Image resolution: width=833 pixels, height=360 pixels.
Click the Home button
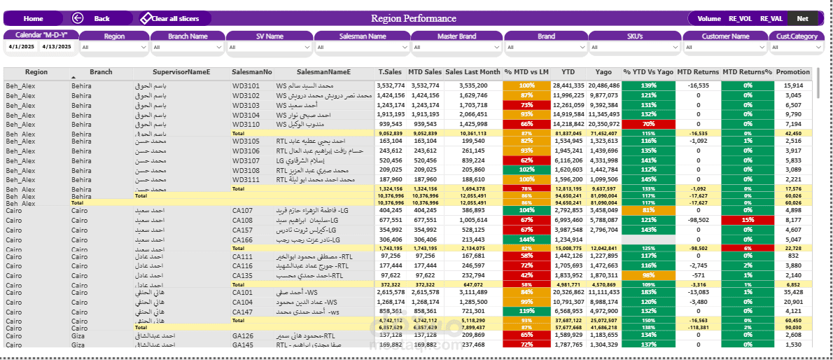[33, 19]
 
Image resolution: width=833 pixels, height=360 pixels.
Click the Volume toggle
[708, 19]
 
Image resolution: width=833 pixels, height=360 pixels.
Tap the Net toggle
[801, 19]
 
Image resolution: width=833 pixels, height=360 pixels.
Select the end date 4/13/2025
[57, 47]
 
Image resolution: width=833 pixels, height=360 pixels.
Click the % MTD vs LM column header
[526, 72]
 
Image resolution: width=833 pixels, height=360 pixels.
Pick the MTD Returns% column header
[747, 72]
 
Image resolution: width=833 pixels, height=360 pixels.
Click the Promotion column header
[793, 72]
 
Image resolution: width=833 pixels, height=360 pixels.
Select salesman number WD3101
[246, 85]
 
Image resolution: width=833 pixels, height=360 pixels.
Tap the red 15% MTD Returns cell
[748, 220]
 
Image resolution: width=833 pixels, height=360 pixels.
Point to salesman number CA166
[243, 240]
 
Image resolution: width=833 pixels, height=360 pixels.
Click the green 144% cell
[526, 240]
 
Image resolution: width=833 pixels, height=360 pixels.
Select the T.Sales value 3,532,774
[389, 85]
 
